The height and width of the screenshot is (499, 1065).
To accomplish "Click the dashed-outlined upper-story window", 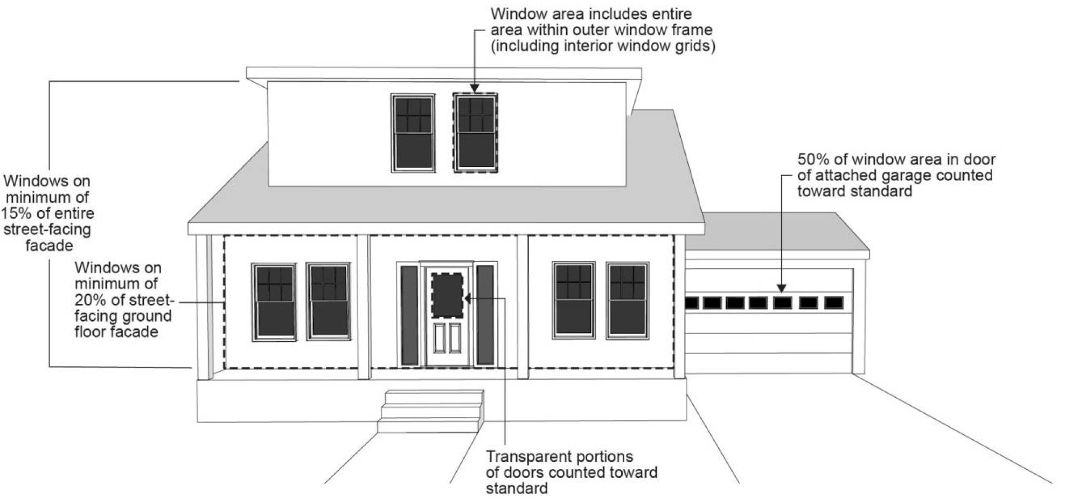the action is click(x=475, y=133).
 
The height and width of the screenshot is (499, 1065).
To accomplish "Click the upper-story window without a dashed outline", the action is click(x=413, y=133).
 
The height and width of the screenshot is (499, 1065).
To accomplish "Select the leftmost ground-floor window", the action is click(x=274, y=302).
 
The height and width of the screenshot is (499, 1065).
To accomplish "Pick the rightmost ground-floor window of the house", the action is click(x=627, y=300).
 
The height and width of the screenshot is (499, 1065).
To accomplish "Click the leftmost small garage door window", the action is click(x=692, y=303).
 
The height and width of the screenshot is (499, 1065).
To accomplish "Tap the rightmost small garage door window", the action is click(x=834, y=302).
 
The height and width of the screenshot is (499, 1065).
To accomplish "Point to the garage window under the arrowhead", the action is click(x=782, y=302).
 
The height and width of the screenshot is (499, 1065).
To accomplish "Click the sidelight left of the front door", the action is click(x=409, y=315).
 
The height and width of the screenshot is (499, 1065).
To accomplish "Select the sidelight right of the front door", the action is click(x=485, y=315).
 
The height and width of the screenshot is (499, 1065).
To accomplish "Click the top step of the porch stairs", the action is click(x=434, y=397).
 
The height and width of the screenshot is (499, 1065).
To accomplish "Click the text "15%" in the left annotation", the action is click(x=17, y=213).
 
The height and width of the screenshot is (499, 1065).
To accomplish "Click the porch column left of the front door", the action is click(x=364, y=306).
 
